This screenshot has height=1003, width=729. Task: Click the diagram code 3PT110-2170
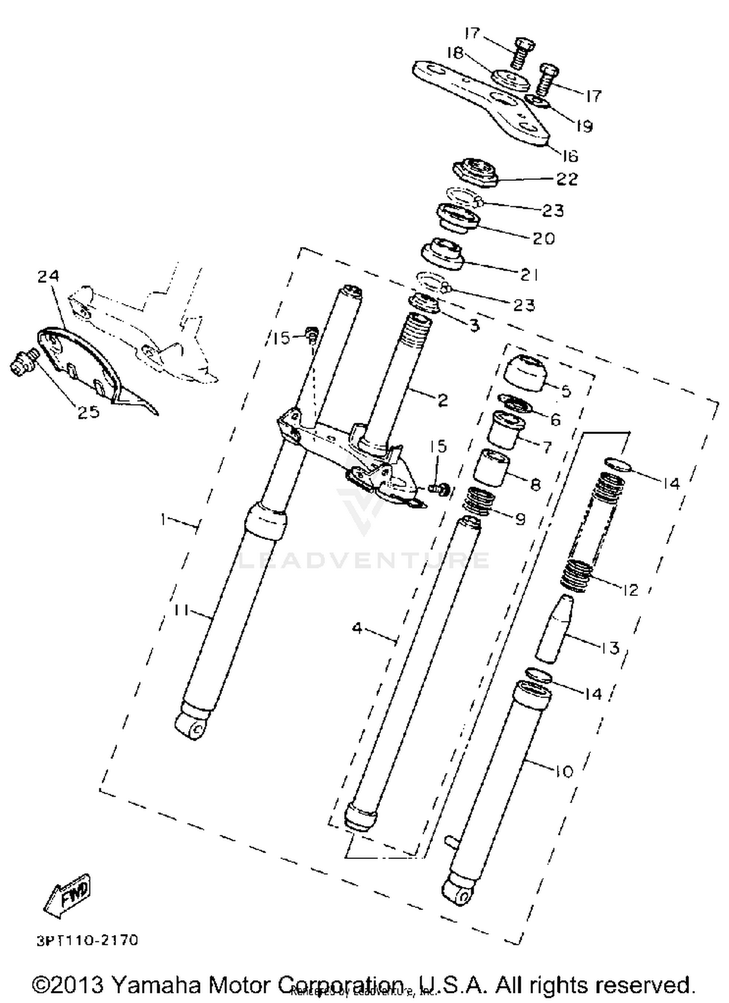(87, 940)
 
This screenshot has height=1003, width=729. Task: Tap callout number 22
(567, 179)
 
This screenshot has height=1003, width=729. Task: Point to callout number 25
(88, 412)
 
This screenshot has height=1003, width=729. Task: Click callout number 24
(49, 276)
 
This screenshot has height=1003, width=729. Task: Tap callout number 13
(610, 648)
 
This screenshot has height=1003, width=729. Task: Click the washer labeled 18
(509, 80)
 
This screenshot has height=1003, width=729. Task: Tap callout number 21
(529, 275)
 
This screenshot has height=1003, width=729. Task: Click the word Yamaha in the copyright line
(149, 985)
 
